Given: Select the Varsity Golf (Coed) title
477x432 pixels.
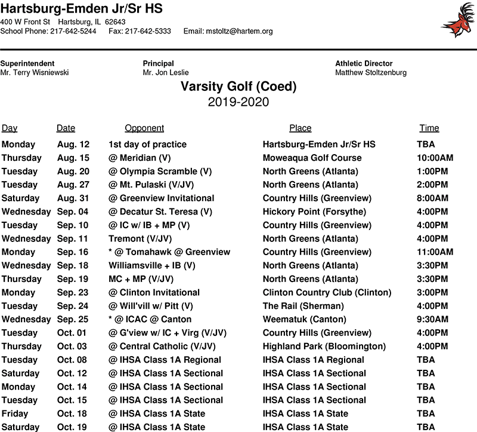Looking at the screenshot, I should point(238,87).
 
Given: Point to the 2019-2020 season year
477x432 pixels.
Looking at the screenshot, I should point(238,102).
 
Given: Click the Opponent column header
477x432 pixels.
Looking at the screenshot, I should point(144,128).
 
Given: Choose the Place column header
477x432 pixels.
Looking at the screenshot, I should point(301,128).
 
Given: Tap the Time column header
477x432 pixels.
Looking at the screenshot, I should point(429,128).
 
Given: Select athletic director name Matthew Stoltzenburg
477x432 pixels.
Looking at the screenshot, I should point(371,73).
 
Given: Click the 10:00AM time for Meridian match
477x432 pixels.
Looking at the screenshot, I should point(435,158).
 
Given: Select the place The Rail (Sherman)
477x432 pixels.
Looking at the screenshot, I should point(301,306).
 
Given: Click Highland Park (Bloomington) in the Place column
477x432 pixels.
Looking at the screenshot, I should point(324,346).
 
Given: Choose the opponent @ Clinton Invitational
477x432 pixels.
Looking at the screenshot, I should point(154,292).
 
